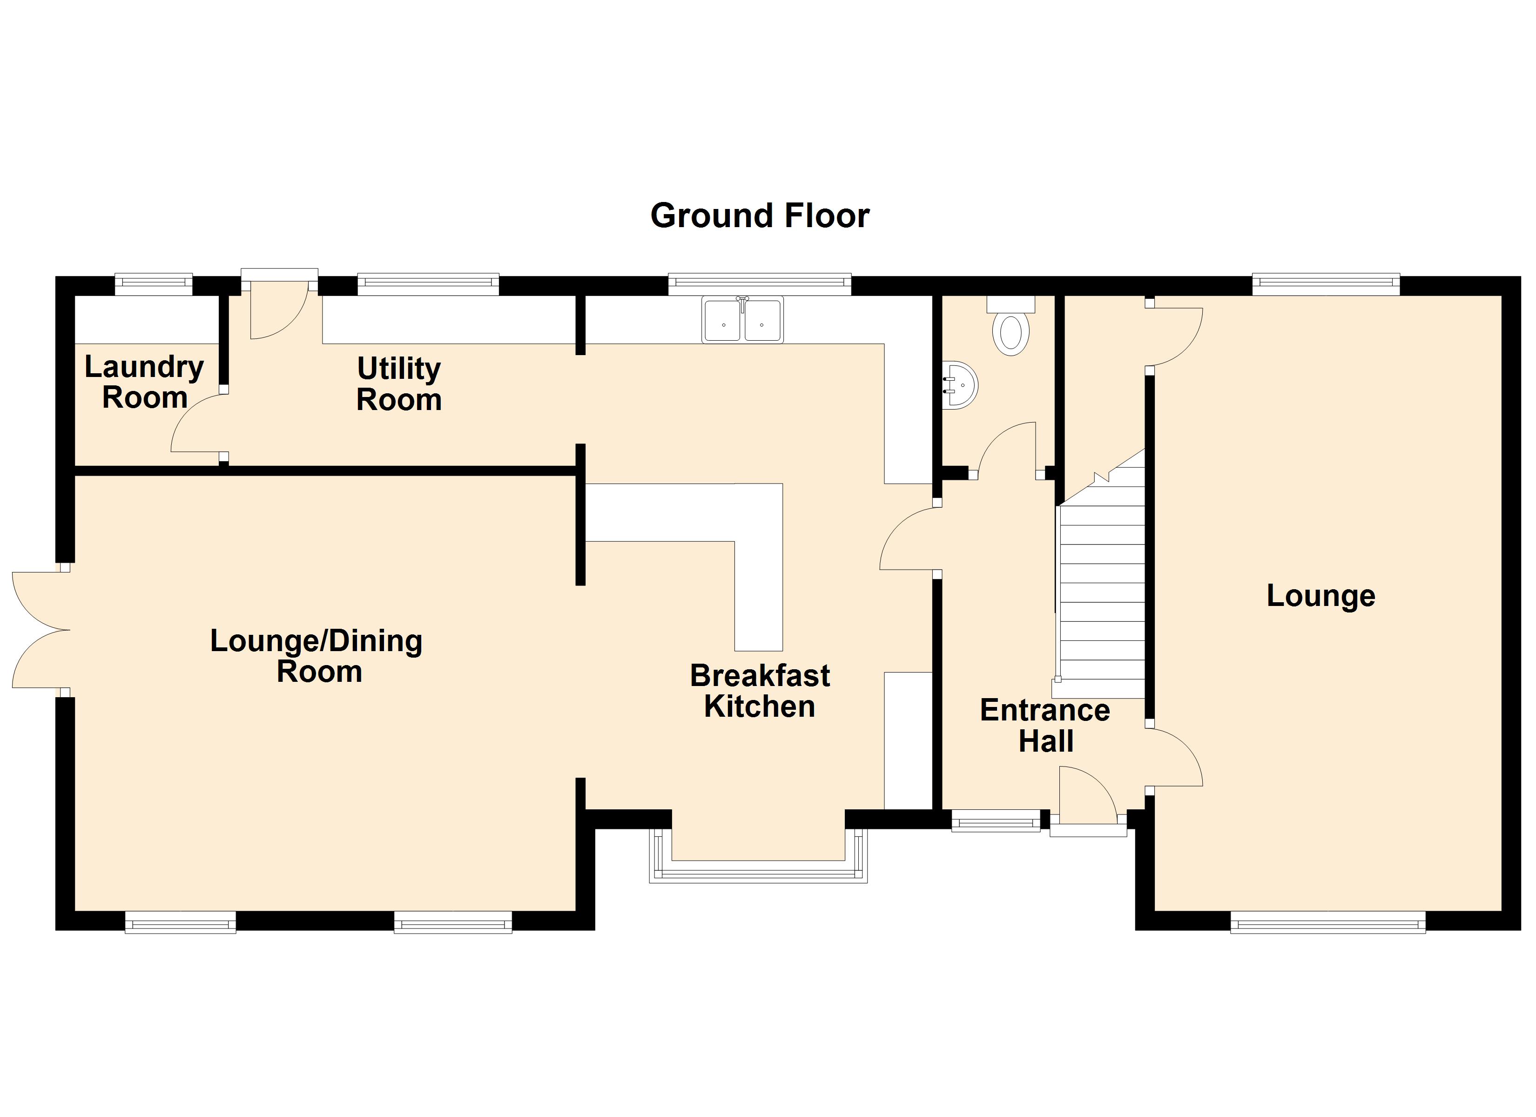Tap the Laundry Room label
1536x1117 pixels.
(144, 382)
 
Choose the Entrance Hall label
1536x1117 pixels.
(1045, 726)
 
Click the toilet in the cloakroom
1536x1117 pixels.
(1011, 327)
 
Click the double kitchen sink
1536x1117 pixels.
(742, 320)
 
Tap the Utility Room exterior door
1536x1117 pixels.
(279, 308)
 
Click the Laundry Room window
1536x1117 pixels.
(154, 284)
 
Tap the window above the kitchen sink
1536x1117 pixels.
(759, 284)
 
